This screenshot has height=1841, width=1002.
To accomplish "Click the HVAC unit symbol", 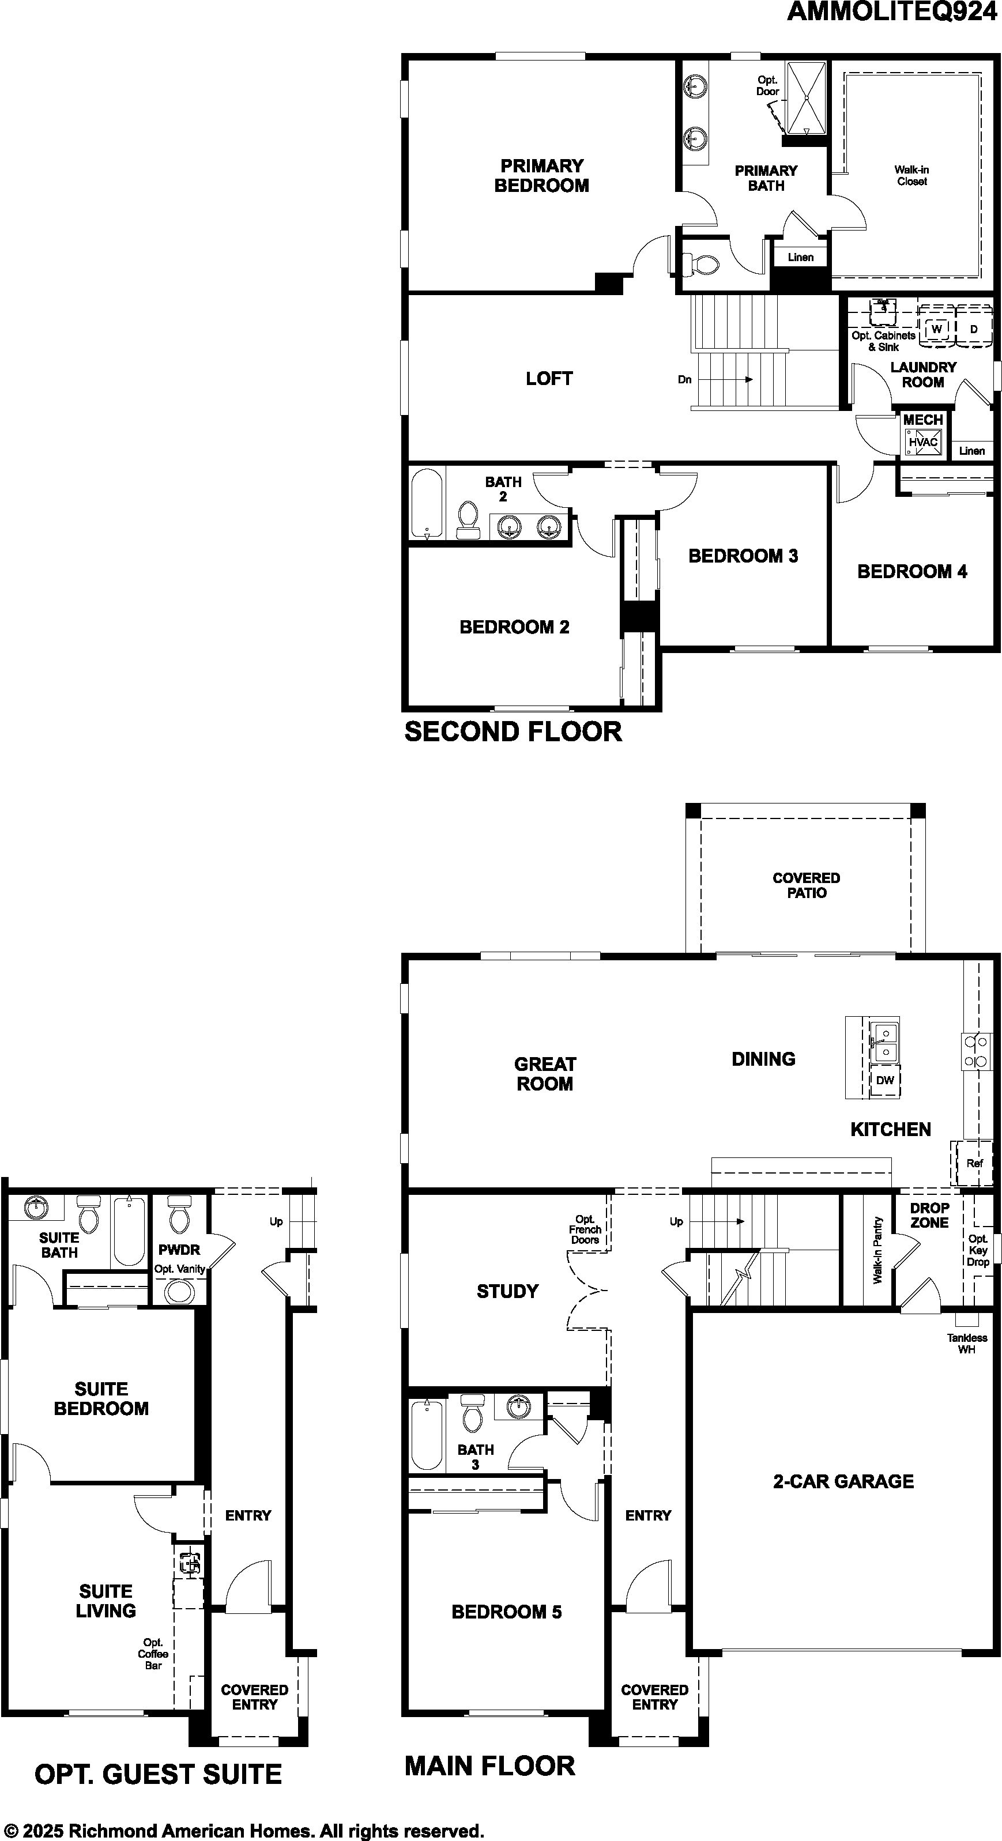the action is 922,441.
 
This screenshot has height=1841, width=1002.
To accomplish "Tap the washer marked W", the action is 937,328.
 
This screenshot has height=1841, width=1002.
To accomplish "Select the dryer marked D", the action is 973,328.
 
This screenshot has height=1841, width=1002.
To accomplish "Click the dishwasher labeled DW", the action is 885,1080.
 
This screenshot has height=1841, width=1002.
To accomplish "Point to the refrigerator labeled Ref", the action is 974,1163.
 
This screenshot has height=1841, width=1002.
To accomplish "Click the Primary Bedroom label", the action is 542,176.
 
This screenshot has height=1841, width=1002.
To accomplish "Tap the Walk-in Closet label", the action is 912,176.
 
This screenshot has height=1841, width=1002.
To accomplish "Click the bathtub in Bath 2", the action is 427,504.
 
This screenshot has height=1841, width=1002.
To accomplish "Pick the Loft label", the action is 549,379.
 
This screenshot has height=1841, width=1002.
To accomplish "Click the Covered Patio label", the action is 806,885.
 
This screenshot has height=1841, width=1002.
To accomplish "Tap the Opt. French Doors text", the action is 585,1230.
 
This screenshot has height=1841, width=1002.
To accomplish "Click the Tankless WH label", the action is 967,1344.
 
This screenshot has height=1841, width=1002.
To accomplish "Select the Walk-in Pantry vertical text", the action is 877,1251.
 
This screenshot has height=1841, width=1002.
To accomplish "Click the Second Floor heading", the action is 513,732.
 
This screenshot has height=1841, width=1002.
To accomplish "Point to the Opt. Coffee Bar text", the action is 153,1654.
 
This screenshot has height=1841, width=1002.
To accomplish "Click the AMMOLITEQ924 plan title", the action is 892,12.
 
